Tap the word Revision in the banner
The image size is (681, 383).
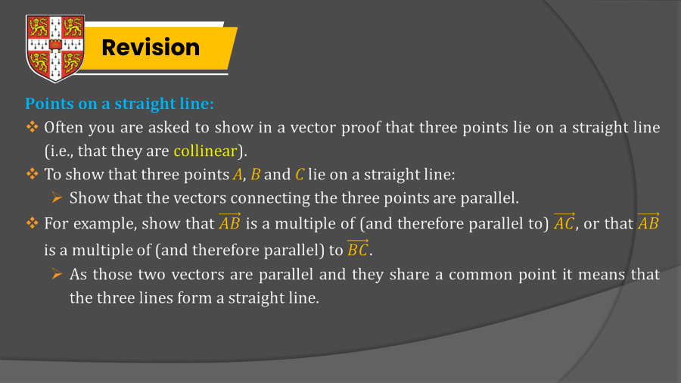click(x=151, y=48)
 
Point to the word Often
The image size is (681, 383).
click(x=64, y=127)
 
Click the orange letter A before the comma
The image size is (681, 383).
click(x=237, y=175)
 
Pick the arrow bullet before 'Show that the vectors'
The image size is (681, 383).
click(x=57, y=198)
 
